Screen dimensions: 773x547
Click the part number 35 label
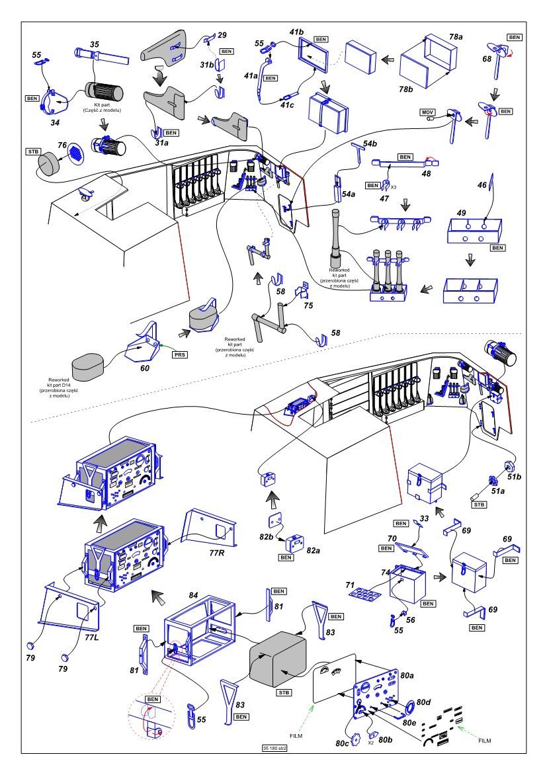[95, 45]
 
